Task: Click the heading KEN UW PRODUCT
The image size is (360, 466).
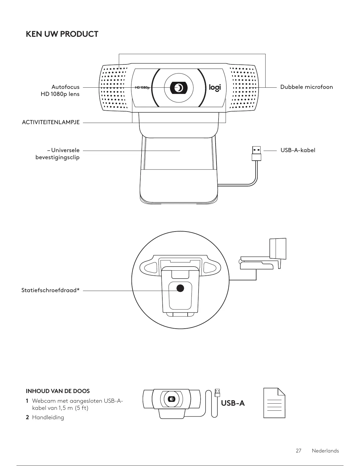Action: pos(62,34)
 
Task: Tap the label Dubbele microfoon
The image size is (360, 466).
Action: pos(306,87)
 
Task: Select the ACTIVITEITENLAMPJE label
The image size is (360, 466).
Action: pos(51,122)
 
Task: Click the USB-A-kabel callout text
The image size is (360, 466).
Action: pos(298,150)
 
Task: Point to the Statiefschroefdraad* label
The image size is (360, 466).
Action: pos(51,291)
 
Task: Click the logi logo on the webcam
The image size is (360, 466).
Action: pos(215,87)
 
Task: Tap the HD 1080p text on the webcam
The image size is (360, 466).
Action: pos(142,88)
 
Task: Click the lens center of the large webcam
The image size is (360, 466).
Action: pos(179,88)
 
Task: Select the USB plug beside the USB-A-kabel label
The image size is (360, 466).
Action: pos(256,153)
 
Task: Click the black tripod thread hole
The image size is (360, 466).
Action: pos(180,288)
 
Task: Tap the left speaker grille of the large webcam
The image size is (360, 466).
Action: pos(114,88)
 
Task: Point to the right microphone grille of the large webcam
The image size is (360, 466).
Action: pos(243,88)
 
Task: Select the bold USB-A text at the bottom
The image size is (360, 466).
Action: pos(233,403)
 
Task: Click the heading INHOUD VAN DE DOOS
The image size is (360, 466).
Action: pos(58,391)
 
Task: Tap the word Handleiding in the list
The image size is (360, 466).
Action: pos(48,417)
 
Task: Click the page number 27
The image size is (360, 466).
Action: pos(299,451)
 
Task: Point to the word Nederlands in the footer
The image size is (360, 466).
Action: pos(325,451)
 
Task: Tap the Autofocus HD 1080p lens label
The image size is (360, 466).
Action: pos(60,90)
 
